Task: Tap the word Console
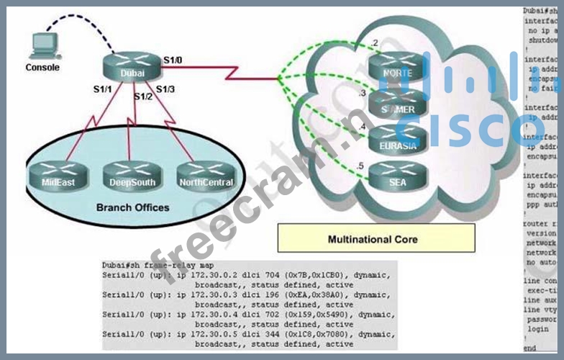[x=42, y=68]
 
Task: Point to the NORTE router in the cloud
[x=398, y=68]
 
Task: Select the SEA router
[x=398, y=176]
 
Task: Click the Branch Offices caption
[x=132, y=207]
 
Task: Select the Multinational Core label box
[x=376, y=238]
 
